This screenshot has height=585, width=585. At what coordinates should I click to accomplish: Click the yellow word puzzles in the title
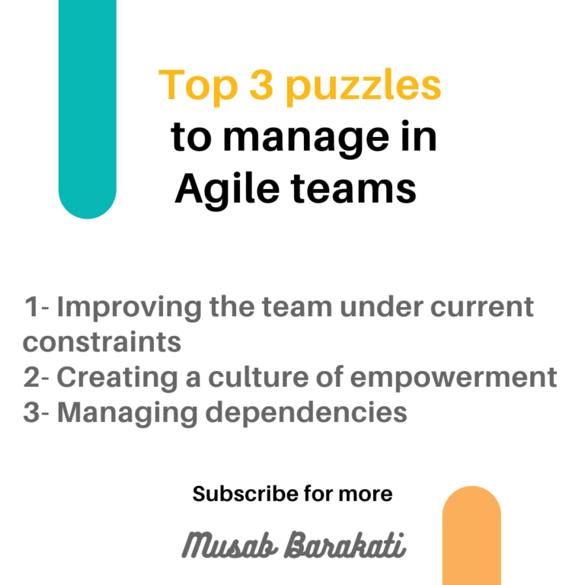coord(364,87)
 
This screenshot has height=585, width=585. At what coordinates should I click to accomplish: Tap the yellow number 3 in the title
coord(261,85)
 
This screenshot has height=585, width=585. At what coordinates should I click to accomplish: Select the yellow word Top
coord(198,86)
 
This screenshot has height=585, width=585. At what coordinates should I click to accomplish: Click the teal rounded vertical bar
coord(88,110)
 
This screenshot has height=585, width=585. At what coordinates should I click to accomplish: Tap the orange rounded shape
coord(472,535)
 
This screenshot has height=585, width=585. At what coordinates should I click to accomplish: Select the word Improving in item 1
coord(129,308)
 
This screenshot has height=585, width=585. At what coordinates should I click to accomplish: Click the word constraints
coord(102,342)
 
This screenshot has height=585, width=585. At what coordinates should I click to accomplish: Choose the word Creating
coord(117,378)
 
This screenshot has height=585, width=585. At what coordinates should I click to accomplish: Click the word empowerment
coord(454,379)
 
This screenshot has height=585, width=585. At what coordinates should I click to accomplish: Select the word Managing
coord(127,414)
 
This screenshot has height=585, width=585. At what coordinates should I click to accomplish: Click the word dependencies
coord(306,413)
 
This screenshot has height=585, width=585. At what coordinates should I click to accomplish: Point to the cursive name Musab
coord(230,545)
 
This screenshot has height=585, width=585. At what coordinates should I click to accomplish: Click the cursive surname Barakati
coord(345,545)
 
